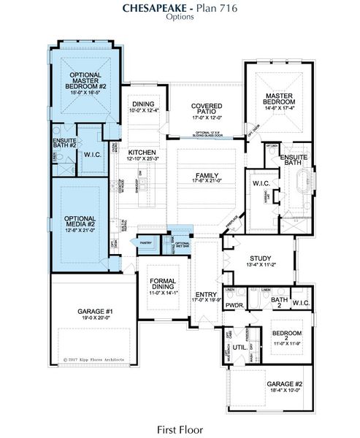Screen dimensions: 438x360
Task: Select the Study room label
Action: [260, 258]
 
